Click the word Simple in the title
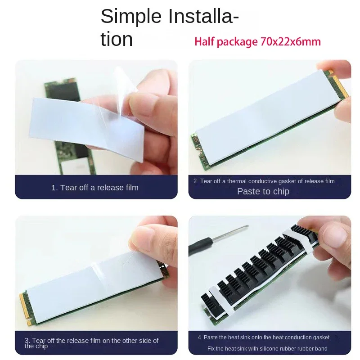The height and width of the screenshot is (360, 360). [x=131, y=17]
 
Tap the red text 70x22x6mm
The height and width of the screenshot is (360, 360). [x=291, y=42]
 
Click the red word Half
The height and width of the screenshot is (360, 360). [x=204, y=42]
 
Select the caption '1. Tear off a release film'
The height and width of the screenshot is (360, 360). [x=95, y=188]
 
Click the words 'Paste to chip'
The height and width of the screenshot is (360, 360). [x=263, y=191]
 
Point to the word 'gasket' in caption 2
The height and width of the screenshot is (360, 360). [x=287, y=181]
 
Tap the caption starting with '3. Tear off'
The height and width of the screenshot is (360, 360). [x=91, y=343]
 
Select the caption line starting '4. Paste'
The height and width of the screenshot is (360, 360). [x=264, y=337]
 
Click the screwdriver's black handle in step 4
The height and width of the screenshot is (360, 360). [x=200, y=246]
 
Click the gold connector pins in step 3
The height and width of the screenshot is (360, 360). [x=24, y=307]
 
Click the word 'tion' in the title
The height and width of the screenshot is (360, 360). [x=117, y=40]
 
